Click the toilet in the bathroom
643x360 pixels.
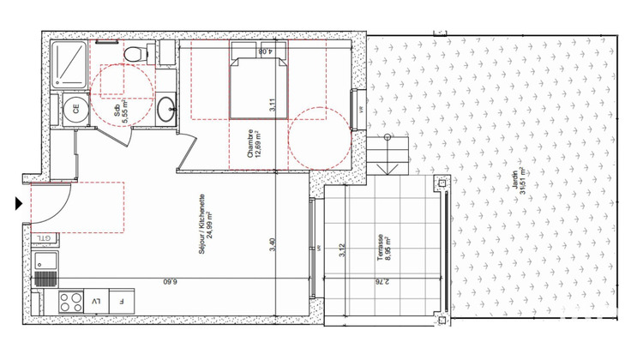[x=134, y=54]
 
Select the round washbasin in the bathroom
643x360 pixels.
[x=165, y=109]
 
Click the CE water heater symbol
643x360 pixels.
[x=75, y=110]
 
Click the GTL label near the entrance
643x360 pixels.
[x=42, y=237]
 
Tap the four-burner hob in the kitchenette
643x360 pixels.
[x=69, y=301]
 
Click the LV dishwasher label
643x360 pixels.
[x=96, y=301]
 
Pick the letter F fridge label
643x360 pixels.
[x=122, y=301]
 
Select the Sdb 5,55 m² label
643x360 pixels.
[x=121, y=112]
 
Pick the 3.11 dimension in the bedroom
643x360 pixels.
[x=273, y=107]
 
